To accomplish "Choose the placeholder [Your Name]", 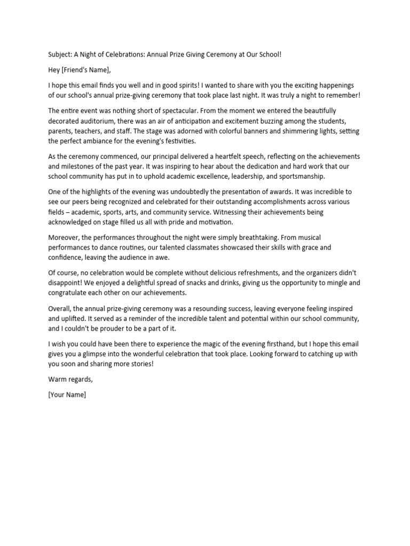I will click(67, 395).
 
